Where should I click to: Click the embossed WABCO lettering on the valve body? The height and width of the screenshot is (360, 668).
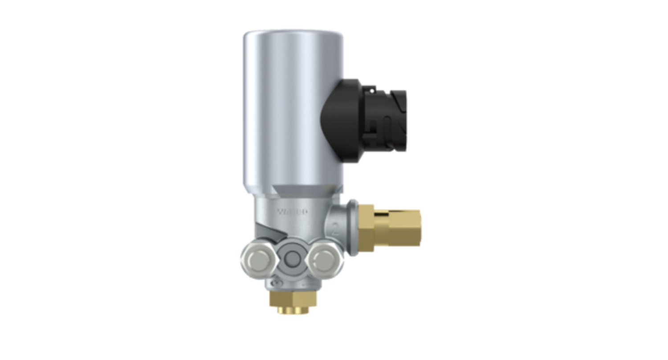pyautogui.click(x=292, y=212)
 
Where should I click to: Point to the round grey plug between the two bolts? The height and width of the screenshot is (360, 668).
pyautogui.click(x=291, y=257)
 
